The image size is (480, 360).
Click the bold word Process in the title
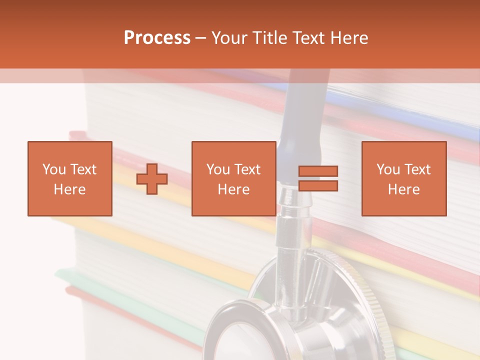157,38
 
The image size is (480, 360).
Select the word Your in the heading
228,38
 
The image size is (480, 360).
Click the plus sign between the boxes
152,179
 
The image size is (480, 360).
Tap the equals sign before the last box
318,178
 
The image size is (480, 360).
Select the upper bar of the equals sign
318,171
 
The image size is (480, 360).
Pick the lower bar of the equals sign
318,185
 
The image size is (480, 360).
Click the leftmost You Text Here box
69,178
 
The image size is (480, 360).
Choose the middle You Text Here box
233,178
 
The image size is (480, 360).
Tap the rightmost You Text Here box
403,178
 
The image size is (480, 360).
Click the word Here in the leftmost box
69,189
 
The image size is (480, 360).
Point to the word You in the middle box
218,169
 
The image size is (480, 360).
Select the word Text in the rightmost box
416,169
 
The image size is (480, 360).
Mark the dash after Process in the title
201,38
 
